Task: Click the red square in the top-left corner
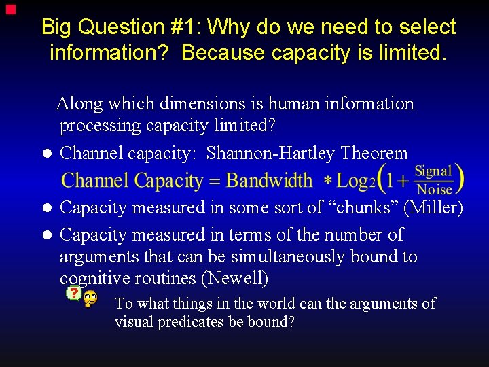coord(9,10)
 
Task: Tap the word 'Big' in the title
coord(56,27)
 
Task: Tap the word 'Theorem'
coord(374,154)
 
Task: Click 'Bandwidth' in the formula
coord(269,181)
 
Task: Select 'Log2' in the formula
coord(356,181)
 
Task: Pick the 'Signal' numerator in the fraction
coord(433,171)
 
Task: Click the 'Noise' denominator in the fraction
coord(434,190)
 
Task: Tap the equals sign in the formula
coord(214,181)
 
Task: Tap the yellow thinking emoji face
coord(90,298)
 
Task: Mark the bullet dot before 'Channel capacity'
coord(47,154)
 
